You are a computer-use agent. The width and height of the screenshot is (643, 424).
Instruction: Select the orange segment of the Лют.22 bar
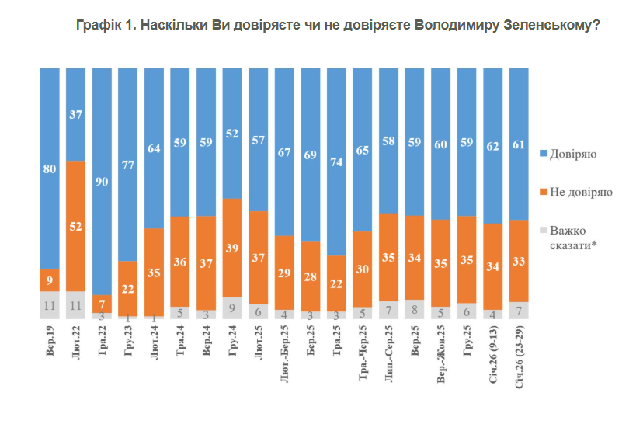pos(76,225)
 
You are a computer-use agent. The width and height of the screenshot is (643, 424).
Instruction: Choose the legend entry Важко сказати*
pos(575,237)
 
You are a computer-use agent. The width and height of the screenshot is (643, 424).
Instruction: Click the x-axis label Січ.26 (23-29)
pos(520,358)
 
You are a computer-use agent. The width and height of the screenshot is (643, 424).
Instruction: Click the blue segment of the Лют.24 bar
pos(155,148)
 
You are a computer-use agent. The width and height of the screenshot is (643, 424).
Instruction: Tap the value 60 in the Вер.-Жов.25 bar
pos(441,144)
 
